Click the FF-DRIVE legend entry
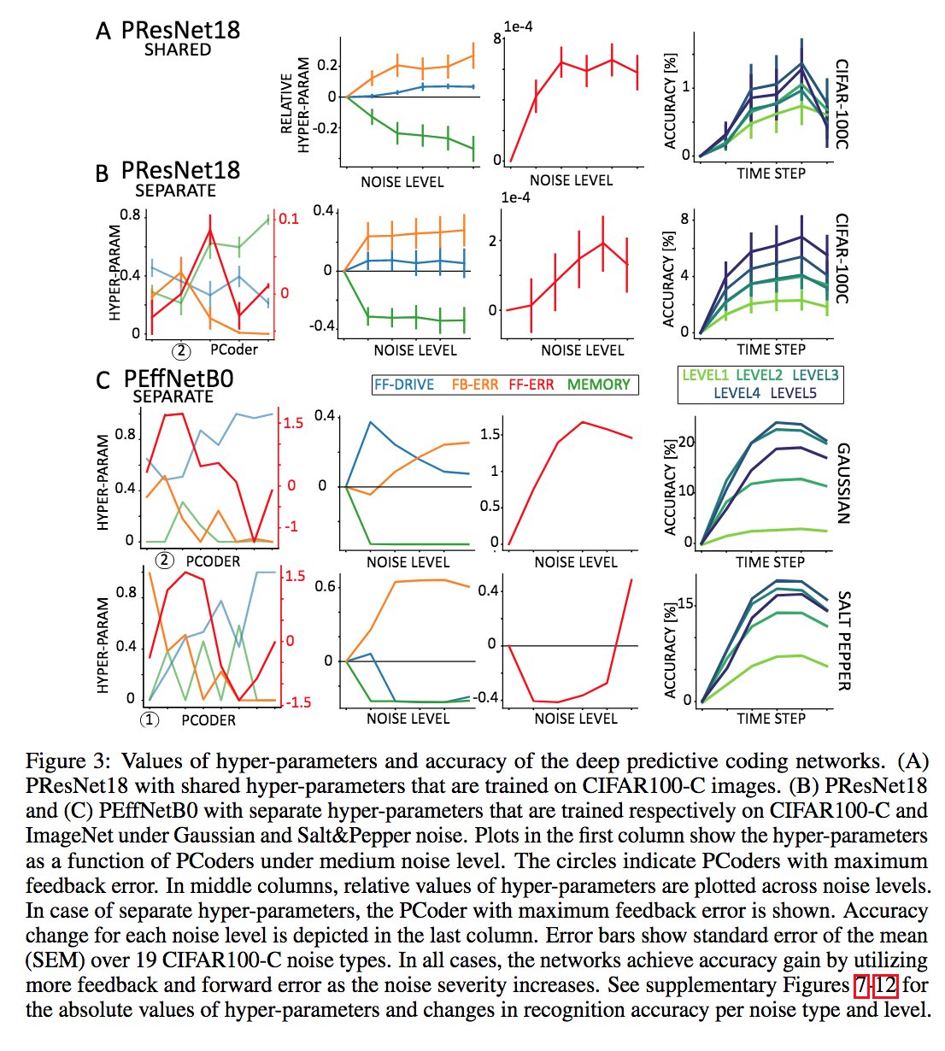(403, 385)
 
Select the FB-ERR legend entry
(474, 385)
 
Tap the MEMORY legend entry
(598, 385)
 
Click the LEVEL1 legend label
(706, 374)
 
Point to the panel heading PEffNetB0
(178, 379)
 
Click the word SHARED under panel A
(177, 50)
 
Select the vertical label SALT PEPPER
(843, 641)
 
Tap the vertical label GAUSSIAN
(843, 483)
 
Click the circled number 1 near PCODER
(150, 719)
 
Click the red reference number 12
(885, 985)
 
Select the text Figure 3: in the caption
(66, 760)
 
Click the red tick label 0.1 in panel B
(289, 219)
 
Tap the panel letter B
(102, 173)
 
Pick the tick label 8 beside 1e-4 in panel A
(496, 38)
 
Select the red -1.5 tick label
(294, 702)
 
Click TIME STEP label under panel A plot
(771, 173)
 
